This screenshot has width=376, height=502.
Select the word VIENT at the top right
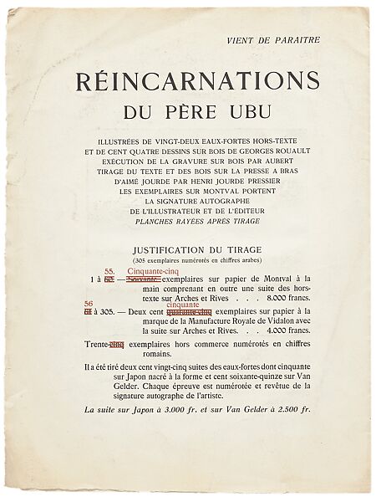point(243,39)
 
